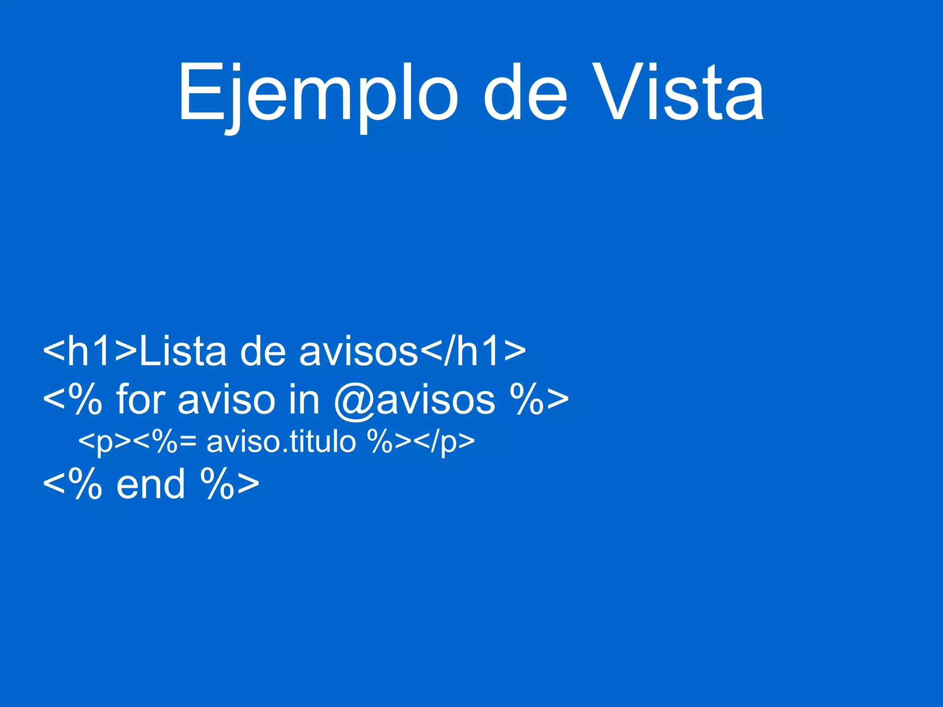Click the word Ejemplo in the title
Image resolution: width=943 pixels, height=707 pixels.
coord(318,94)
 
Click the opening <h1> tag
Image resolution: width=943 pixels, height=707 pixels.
coord(90,352)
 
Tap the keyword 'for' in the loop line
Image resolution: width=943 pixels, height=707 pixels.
coord(140,399)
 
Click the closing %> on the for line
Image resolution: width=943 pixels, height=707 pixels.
coord(539,400)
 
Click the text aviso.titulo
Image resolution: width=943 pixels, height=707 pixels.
coord(281,442)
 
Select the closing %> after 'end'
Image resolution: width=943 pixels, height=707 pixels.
coord(230,485)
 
